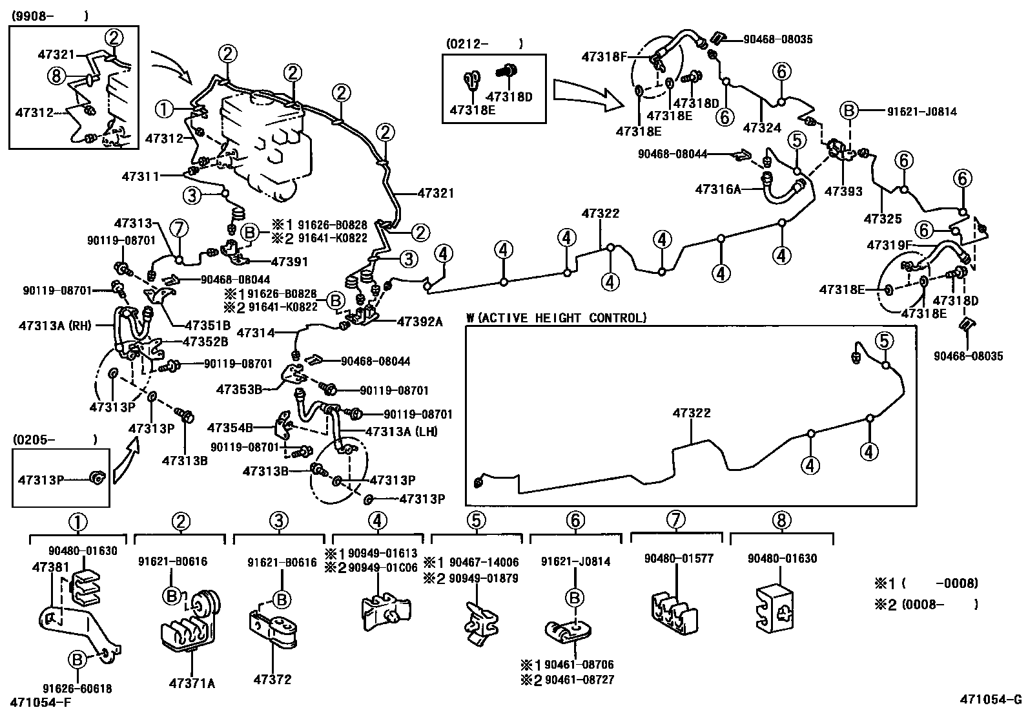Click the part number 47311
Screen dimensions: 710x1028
click(x=140, y=176)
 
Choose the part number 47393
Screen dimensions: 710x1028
click(x=844, y=191)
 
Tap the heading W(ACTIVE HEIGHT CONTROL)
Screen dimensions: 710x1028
click(x=556, y=318)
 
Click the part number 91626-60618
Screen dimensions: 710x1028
click(x=77, y=689)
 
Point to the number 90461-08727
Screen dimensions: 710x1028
click(x=579, y=680)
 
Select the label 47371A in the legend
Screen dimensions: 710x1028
click(x=192, y=682)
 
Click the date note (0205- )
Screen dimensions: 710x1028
click(x=54, y=439)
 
